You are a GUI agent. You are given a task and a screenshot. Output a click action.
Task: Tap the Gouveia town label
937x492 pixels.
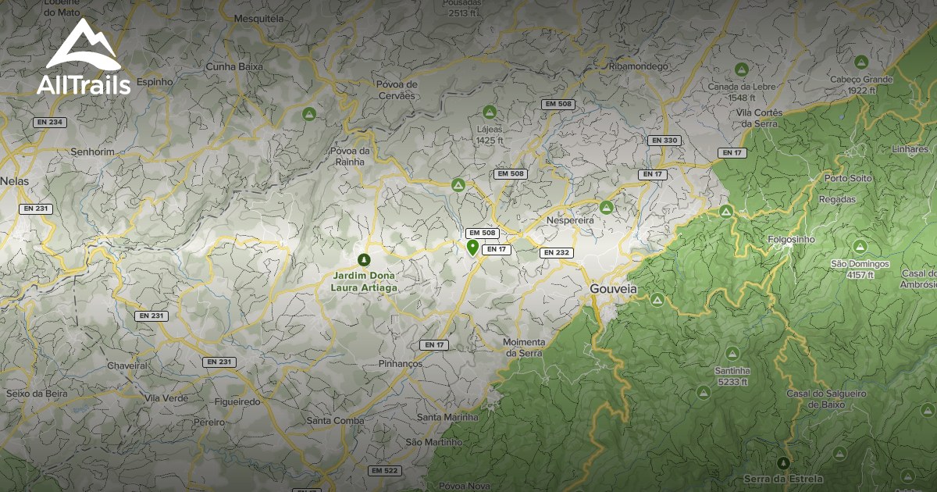tap(613, 289)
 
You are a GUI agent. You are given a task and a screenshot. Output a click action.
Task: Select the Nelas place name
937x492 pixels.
tap(14, 180)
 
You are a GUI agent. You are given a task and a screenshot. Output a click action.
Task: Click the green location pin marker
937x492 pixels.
tap(472, 248)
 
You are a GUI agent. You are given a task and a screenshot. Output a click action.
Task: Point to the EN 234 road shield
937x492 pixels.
tap(49, 123)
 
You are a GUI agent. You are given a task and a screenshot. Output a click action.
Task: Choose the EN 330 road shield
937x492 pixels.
tap(664, 141)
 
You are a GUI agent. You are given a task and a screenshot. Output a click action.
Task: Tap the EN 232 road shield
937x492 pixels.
tap(556, 252)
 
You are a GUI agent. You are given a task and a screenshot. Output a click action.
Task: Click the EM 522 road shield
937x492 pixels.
tap(384, 471)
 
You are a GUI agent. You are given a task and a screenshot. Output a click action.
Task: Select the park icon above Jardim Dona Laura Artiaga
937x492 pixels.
tap(362, 259)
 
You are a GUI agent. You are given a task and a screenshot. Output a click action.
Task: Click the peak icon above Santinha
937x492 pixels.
tap(732, 353)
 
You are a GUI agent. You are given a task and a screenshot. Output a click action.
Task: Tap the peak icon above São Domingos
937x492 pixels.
tap(860, 247)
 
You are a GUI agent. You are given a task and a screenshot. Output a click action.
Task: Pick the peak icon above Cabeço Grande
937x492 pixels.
tap(861, 62)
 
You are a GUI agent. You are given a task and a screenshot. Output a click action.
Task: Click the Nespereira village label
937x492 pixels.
tap(571, 220)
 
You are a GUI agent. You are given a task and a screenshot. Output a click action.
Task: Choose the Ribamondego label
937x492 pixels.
tap(638, 66)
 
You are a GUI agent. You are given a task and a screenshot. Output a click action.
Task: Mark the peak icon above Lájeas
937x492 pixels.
tap(490, 112)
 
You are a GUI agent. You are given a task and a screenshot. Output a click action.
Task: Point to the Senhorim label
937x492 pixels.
tap(92, 151)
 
